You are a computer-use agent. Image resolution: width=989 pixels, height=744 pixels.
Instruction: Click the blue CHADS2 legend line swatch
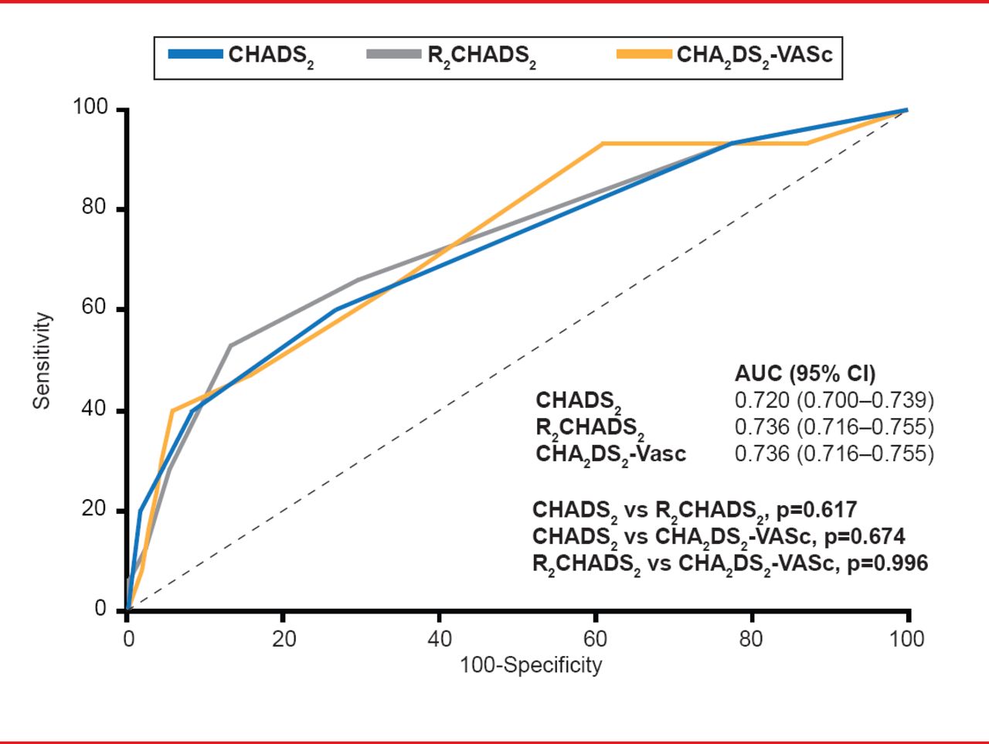195,55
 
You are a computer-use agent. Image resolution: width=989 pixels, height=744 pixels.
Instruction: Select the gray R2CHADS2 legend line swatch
394,55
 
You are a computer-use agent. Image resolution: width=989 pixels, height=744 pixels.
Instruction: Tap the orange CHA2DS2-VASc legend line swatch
644,55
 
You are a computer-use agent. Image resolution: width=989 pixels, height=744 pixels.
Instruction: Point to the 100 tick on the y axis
90,107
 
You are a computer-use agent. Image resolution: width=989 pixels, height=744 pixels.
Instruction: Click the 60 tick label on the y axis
93,309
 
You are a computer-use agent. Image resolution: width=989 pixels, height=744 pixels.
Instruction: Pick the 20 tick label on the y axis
93,509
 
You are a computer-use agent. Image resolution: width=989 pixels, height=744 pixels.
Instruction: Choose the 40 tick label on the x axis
439,639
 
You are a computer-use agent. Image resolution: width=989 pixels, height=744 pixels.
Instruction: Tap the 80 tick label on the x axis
750,639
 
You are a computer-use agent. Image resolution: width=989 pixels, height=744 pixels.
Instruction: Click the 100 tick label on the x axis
906,639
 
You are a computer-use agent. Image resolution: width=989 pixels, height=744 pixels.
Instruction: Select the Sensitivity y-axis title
42,360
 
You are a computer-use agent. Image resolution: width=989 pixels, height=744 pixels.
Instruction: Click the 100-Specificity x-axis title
531,665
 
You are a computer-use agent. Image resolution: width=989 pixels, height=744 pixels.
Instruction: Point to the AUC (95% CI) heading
805,374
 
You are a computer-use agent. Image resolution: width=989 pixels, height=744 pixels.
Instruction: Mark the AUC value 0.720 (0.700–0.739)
834,400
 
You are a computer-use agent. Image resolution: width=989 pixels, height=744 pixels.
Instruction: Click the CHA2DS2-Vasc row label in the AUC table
610,454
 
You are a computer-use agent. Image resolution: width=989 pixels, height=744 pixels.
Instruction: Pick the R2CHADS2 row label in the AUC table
590,427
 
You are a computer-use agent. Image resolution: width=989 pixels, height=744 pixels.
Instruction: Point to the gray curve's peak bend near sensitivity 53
230,345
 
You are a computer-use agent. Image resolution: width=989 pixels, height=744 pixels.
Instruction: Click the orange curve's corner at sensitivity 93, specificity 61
602,144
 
